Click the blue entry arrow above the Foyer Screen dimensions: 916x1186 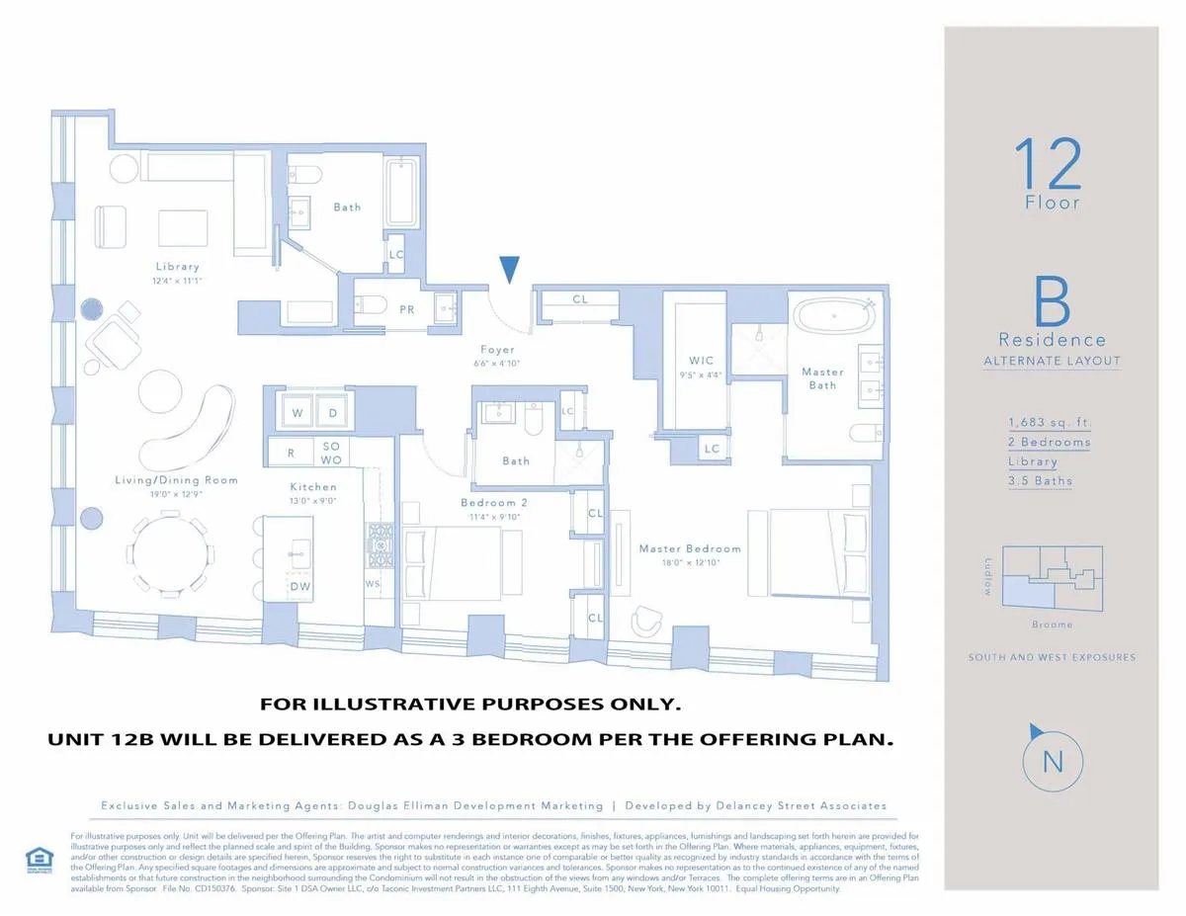(509, 270)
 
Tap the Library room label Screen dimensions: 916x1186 (177, 266)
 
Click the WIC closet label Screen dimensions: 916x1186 (701, 361)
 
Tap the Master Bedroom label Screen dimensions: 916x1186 (689, 548)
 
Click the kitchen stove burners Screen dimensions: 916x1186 (380, 545)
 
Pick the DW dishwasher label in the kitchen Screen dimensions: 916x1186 (300, 586)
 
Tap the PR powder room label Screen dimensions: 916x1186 (406, 309)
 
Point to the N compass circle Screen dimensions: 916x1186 (1053, 761)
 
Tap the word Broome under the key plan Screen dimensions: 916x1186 (1051, 625)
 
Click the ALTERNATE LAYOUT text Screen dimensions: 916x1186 (1052, 362)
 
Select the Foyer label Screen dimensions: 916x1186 (498, 350)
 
